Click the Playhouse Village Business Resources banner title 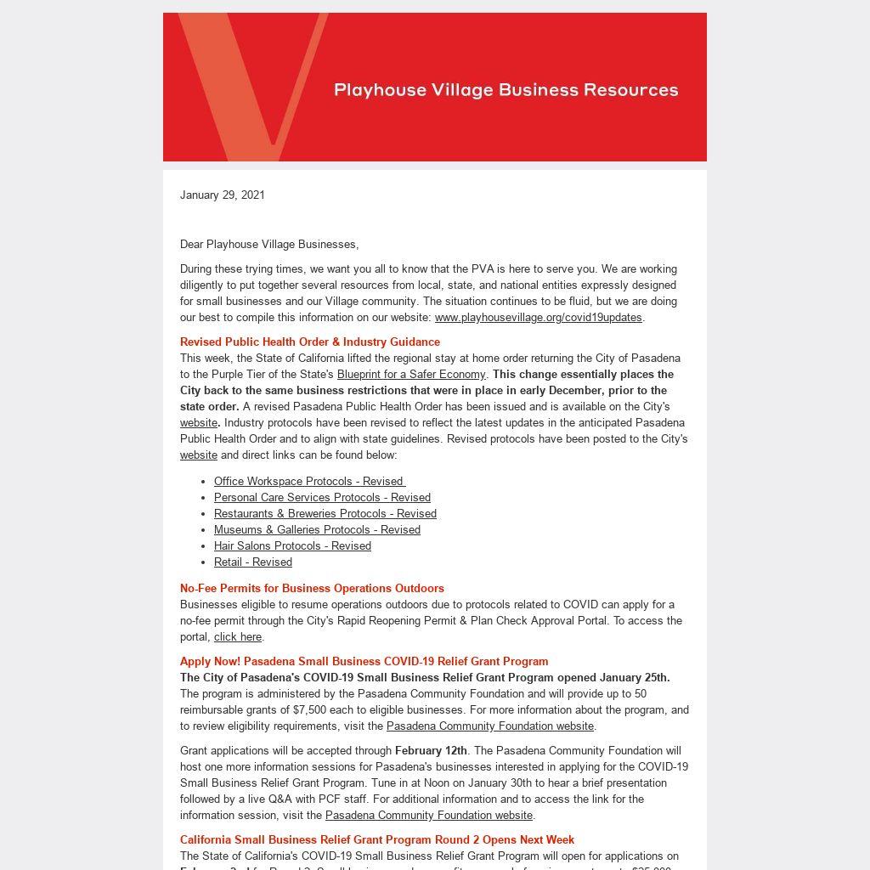506,90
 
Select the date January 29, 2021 223,195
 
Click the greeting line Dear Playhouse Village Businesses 269,244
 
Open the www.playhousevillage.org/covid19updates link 538,317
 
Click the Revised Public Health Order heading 310,342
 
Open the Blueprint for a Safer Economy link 411,374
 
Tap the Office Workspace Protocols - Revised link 309,481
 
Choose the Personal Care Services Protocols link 322,497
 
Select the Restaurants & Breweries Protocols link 325,513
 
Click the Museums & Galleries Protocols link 317,529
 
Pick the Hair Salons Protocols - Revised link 292,545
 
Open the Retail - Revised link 253,562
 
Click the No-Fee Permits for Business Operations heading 312,588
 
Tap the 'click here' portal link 238,636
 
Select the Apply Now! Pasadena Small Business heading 364,661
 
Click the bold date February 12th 431,750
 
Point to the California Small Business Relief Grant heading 377,839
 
